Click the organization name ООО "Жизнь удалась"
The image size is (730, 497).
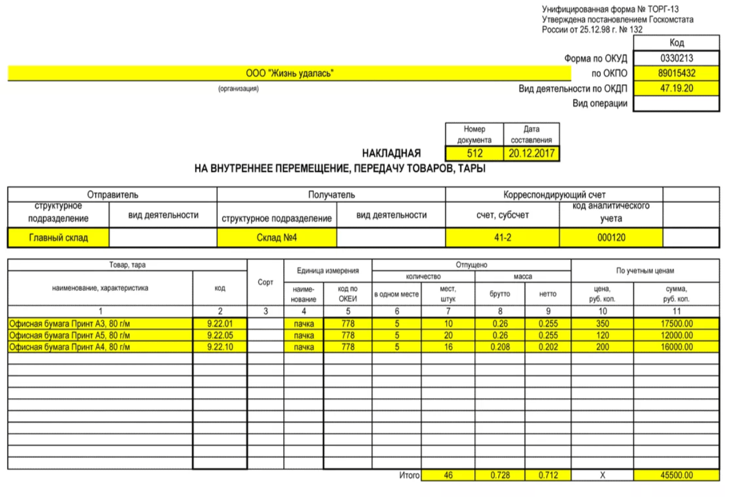(x=289, y=73)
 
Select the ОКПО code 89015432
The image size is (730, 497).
(x=676, y=73)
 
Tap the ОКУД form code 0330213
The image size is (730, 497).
(x=676, y=58)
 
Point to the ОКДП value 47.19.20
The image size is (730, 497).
(x=676, y=89)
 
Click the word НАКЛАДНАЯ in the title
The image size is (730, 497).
(x=392, y=154)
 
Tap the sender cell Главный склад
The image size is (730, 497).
(x=59, y=238)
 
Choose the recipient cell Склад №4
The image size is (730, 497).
(x=276, y=238)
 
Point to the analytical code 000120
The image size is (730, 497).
(x=611, y=238)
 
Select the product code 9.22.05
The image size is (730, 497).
(x=220, y=335)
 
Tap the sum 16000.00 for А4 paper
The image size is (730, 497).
(x=676, y=347)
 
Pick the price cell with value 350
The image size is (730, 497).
(x=602, y=323)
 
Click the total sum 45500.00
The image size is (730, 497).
(x=676, y=476)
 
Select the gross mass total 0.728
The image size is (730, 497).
(x=499, y=476)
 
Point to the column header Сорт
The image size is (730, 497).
(x=265, y=282)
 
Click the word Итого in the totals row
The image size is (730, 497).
(x=410, y=476)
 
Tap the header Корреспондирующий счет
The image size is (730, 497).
(x=554, y=195)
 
